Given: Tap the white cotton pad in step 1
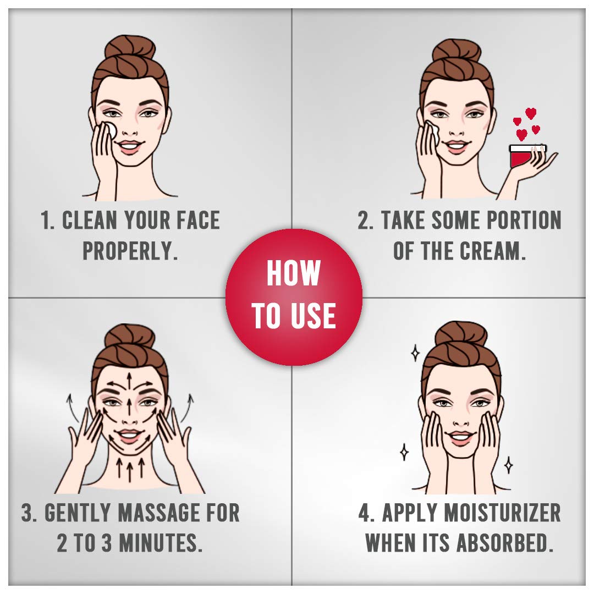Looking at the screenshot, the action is (x=110, y=130).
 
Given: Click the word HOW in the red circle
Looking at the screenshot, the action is (x=294, y=273).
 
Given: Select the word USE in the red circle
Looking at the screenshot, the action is (x=315, y=316).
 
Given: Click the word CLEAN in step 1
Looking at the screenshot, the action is (x=90, y=220).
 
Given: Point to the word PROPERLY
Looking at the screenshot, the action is (x=130, y=251).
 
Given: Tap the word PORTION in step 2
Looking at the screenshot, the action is (x=524, y=220).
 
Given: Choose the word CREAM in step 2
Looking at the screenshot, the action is (x=492, y=251).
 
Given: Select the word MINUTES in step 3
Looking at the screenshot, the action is (x=161, y=543).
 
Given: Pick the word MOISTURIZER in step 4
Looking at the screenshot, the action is (x=502, y=513).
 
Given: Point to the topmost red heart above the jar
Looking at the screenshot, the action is (x=531, y=113).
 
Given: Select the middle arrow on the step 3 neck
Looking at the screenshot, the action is (x=130, y=469).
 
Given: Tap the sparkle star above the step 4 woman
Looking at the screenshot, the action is (x=416, y=353).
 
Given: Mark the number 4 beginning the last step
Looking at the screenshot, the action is (x=365, y=513).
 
